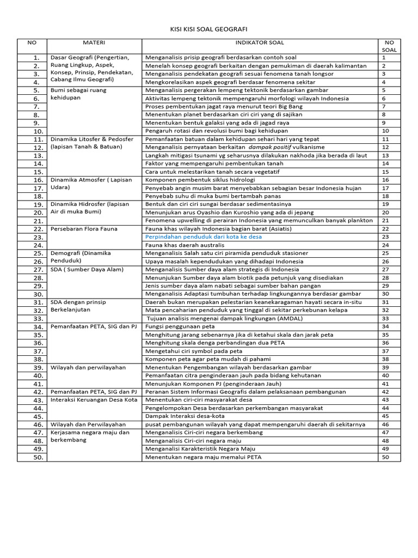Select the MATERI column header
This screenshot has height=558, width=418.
pyautogui.click(x=94, y=42)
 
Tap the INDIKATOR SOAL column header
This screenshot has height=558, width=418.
pyautogui.click(x=260, y=42)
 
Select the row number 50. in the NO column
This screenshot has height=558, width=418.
pyautogui.click(x=37, y=458)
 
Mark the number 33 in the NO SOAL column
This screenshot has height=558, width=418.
pyautogui.click(x=385, y=318)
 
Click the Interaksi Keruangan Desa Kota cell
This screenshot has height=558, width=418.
pyautogui.click(x=93, y=399)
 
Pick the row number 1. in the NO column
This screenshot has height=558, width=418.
pyautogui.click(x=37, y=58)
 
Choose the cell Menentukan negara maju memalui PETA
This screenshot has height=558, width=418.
pyautogui.click(x=203, y=457)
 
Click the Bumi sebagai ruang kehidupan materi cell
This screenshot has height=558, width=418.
pyautogui.click(x=78, y=94)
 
